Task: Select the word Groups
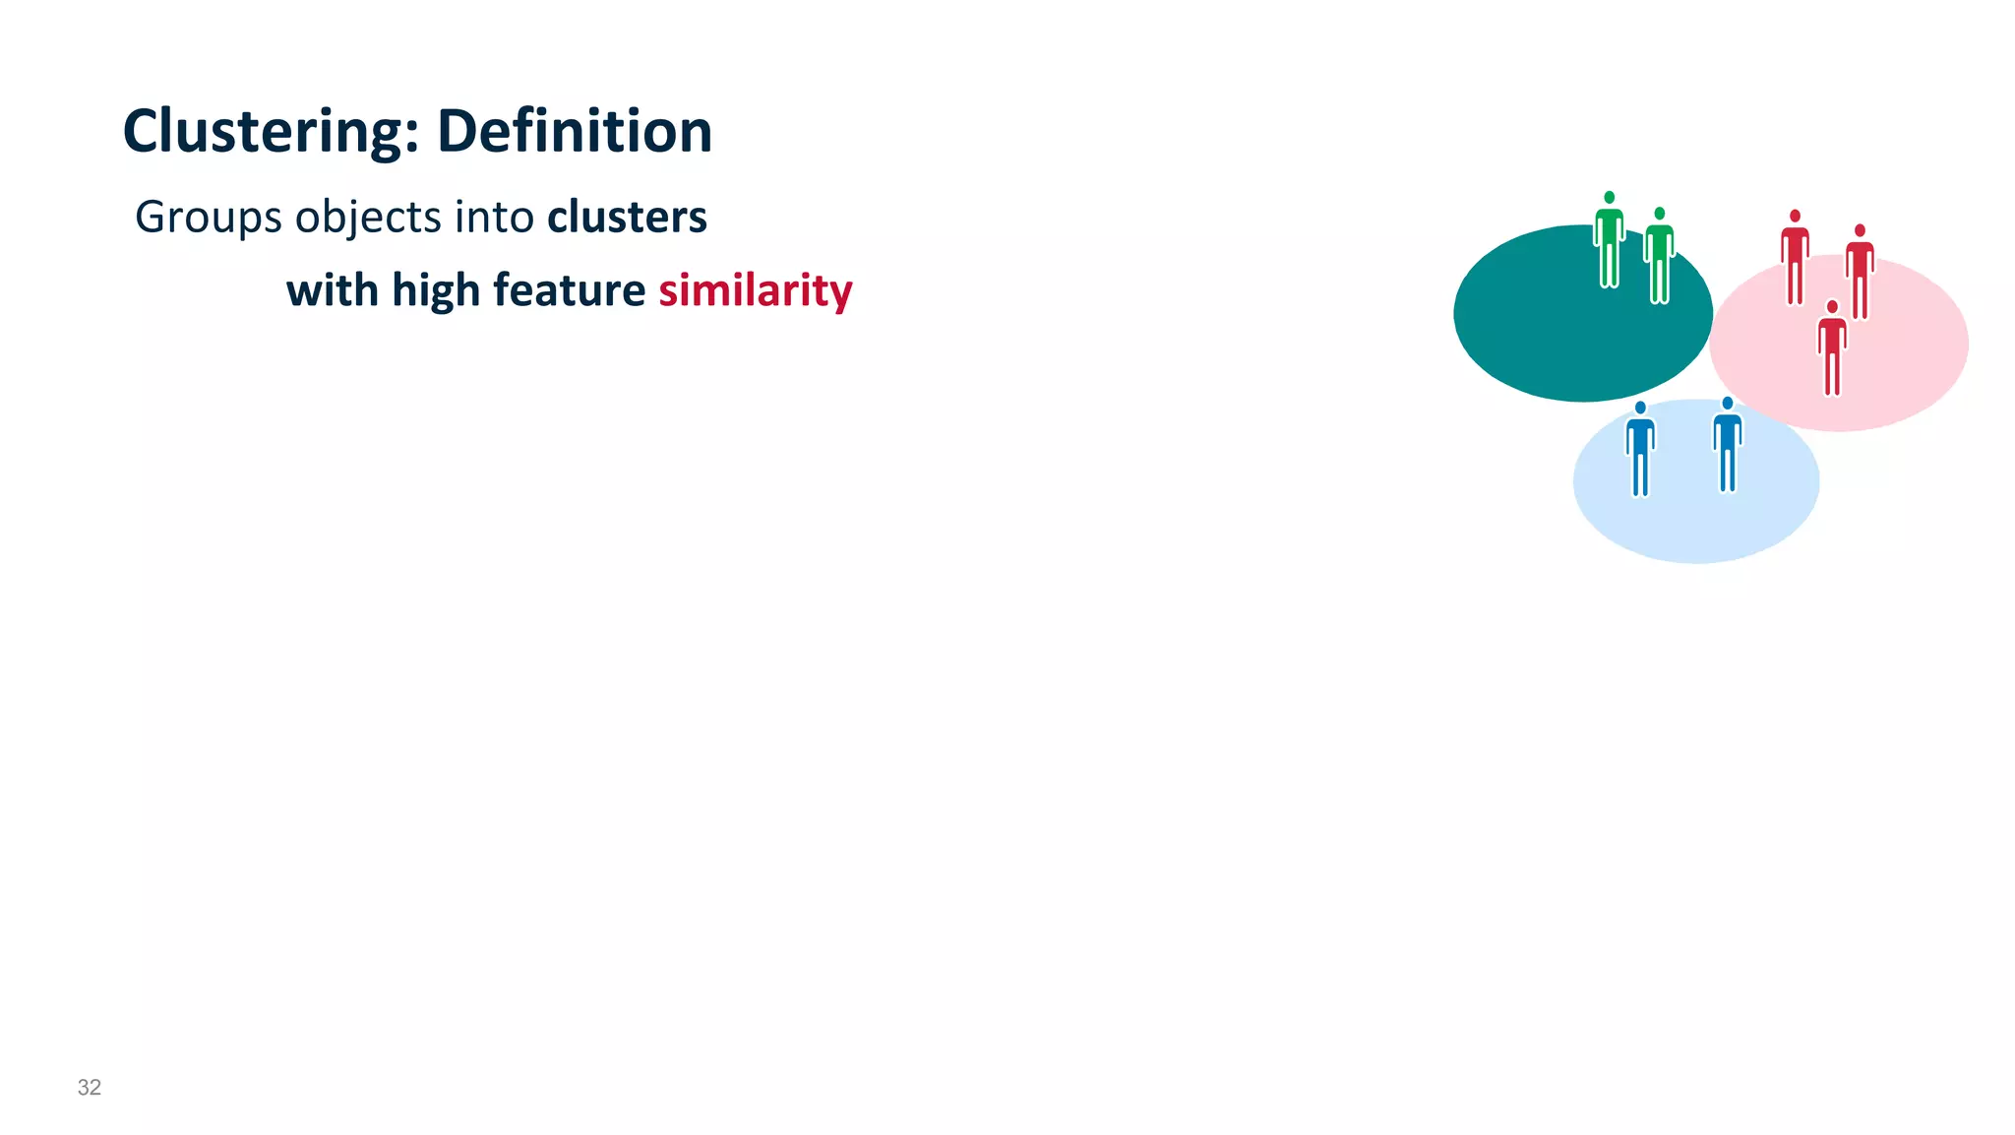[208, 218]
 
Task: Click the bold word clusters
[627, 218]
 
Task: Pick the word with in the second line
[332, 291]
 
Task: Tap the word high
[436, 291]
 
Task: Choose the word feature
[569, 291]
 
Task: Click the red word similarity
[755, 291]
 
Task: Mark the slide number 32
[90, 1087]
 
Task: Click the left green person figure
[1609, 241]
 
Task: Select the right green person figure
[1660, 257]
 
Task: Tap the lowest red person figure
[1832, 349]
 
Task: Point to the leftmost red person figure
[1795, 258]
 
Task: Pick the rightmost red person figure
[1860, 273]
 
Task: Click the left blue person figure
[1640, 450]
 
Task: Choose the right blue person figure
[1728, 446]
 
